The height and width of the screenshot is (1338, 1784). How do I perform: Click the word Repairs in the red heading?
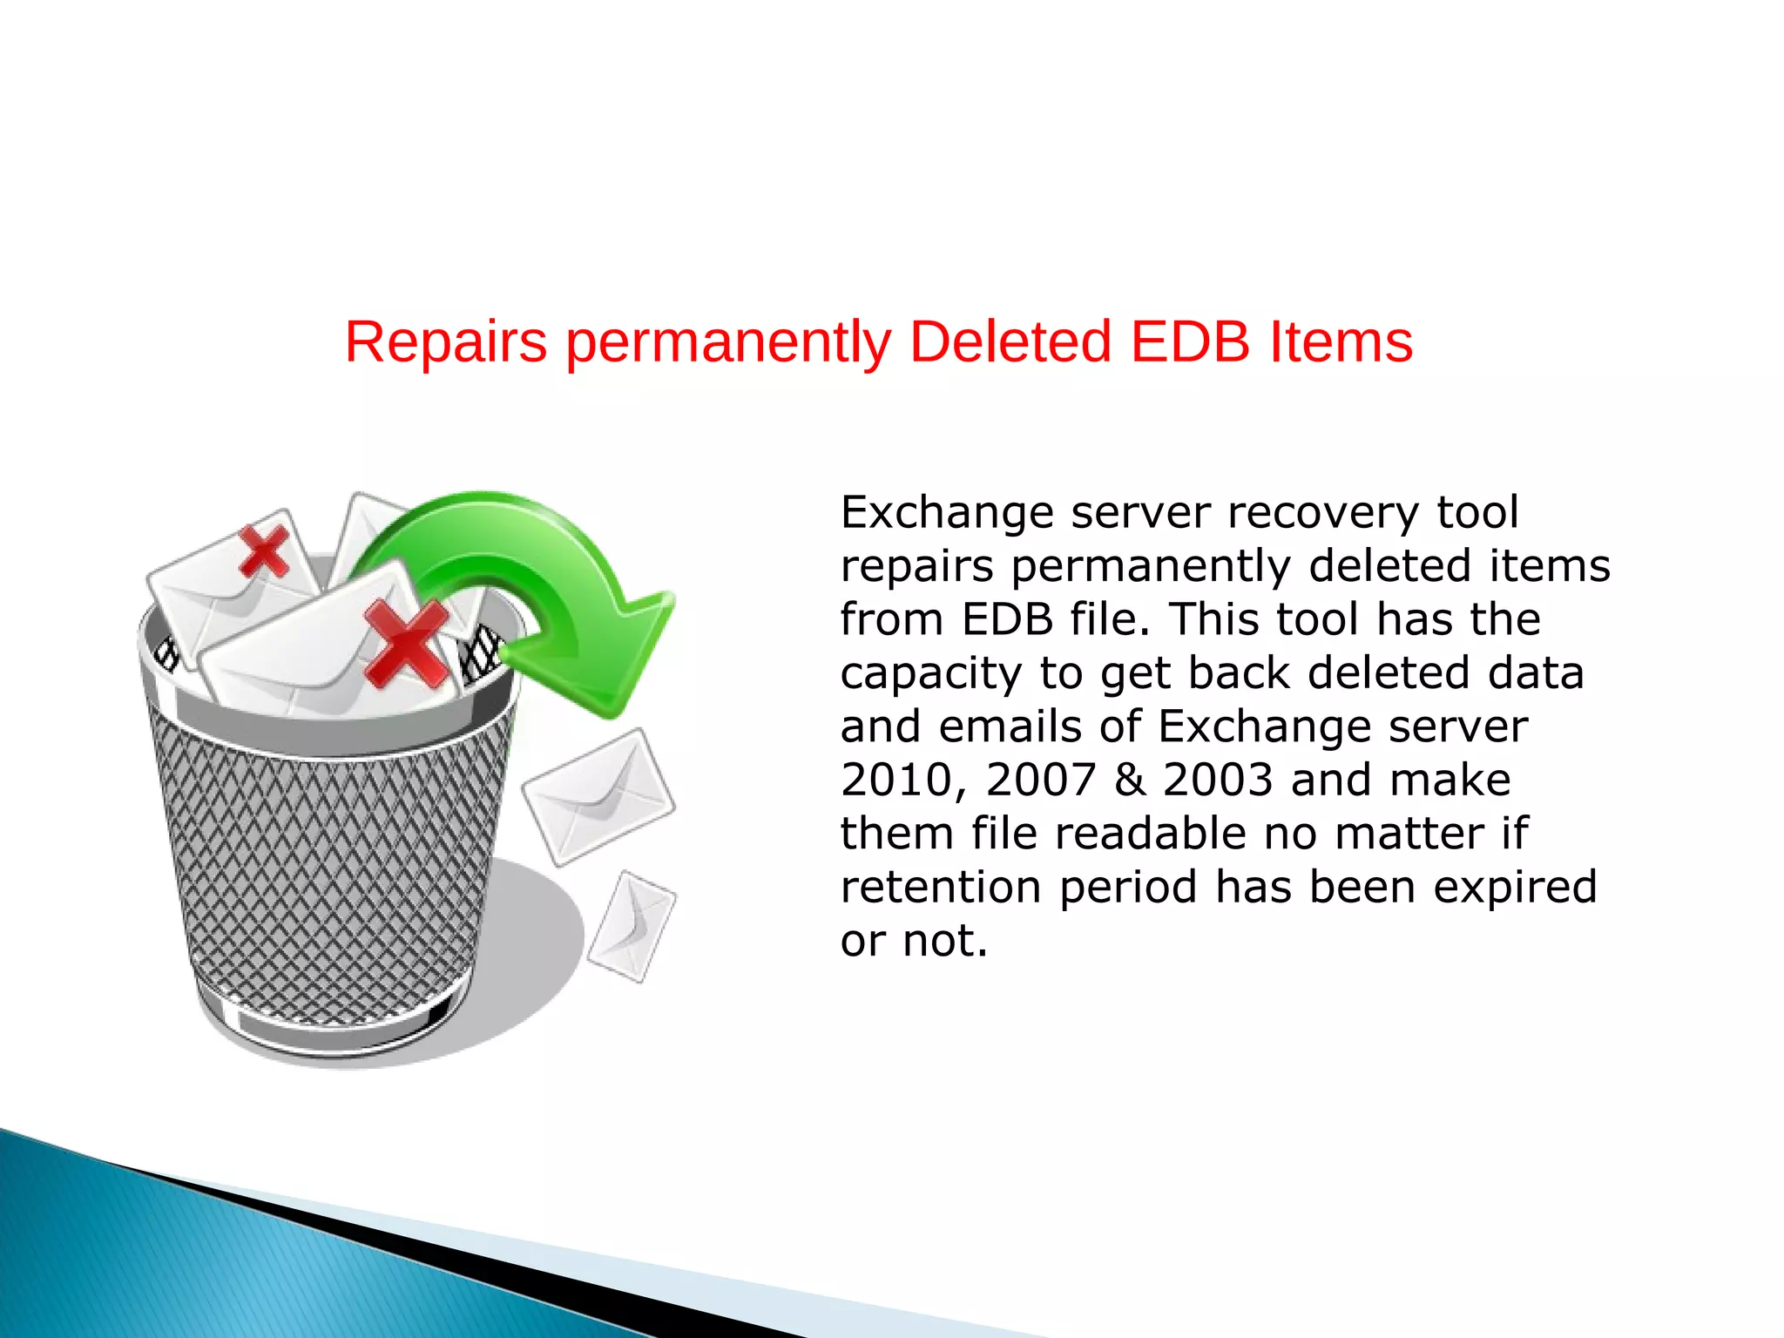[445, 341]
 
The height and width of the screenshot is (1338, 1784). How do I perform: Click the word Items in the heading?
[1341, 341]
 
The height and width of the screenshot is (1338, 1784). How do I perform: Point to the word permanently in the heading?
[728, 343]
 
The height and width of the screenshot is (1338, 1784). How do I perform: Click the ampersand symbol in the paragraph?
[1130, 780]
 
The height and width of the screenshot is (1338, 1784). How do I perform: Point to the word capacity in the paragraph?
[930, 674]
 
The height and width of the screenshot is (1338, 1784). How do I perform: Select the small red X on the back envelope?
[264, 551]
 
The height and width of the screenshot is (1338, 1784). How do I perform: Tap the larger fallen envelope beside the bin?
[598, 795]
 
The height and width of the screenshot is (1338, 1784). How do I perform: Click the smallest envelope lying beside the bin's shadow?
[632, 927]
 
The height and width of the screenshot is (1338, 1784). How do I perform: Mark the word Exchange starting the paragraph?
[947, 512]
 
